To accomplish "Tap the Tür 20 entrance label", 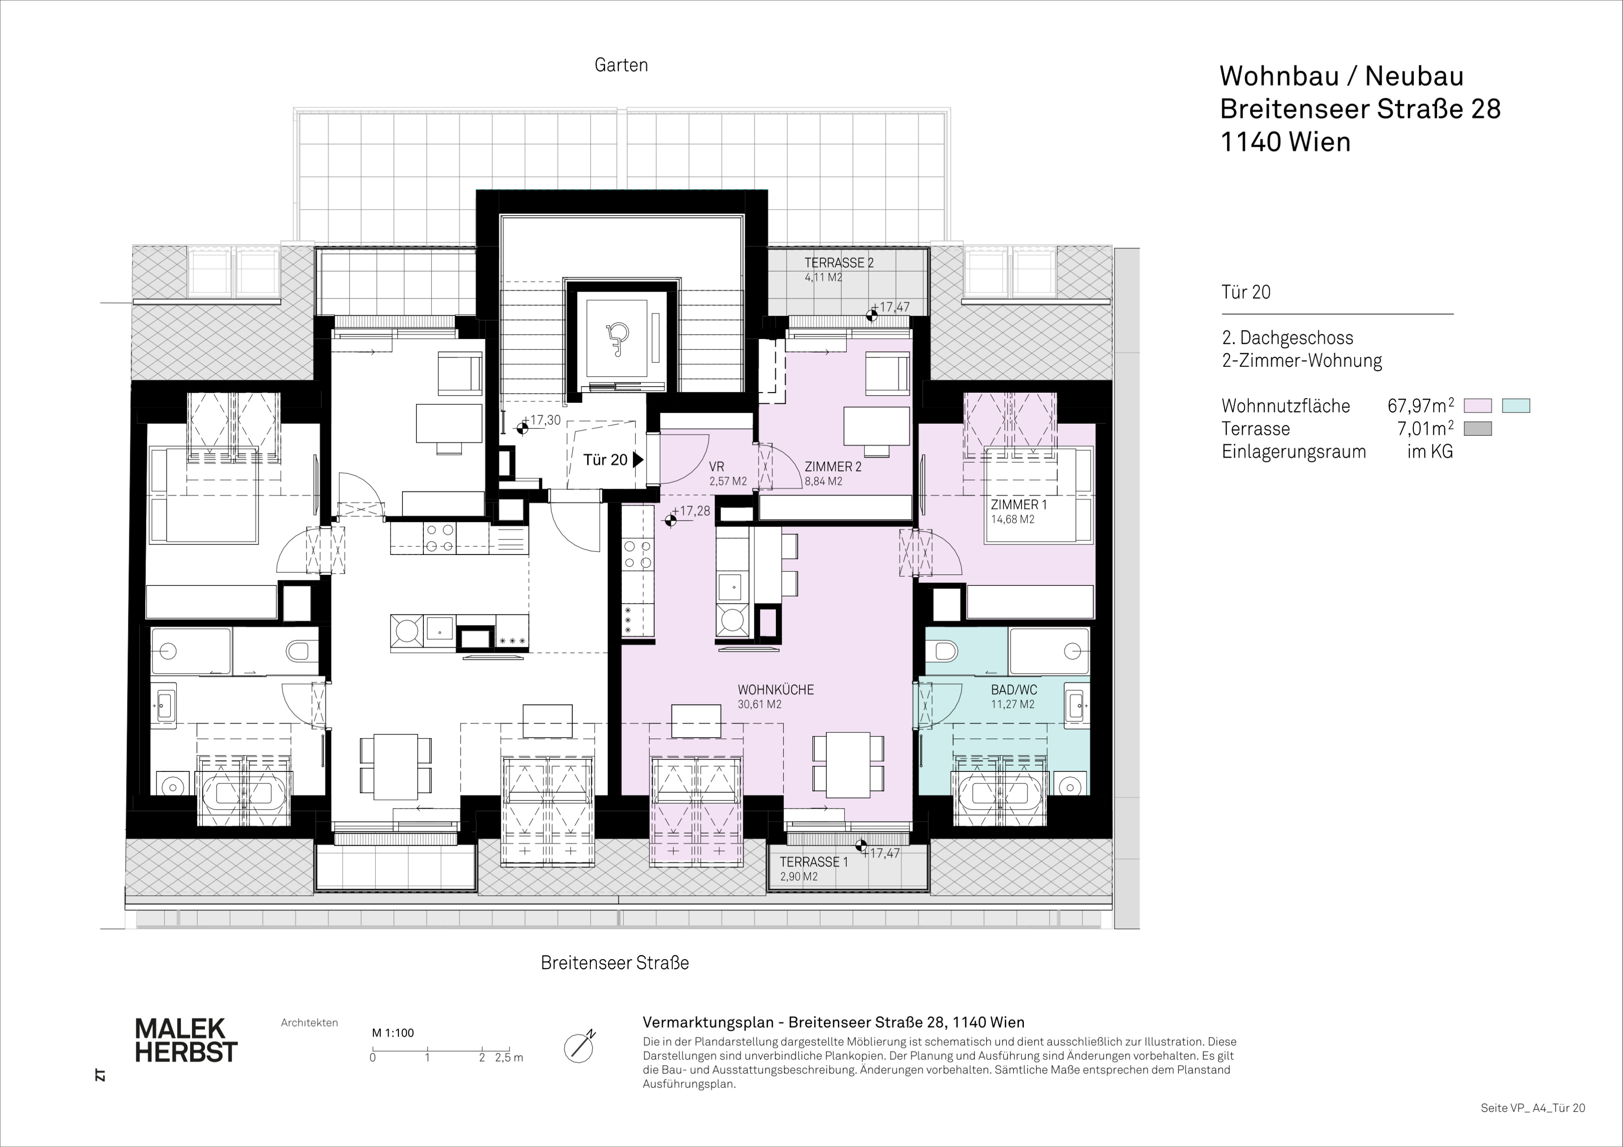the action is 605,460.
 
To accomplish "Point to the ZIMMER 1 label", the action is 1019,504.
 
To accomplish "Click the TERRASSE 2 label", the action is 839,263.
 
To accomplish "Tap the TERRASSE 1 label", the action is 814,862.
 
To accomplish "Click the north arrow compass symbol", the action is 579,1047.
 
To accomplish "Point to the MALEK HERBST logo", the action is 186,1040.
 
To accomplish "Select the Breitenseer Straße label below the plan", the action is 614,962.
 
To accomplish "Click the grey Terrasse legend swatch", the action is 1477,428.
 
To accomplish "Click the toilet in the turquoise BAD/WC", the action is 940,649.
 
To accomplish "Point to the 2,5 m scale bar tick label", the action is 510,1058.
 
